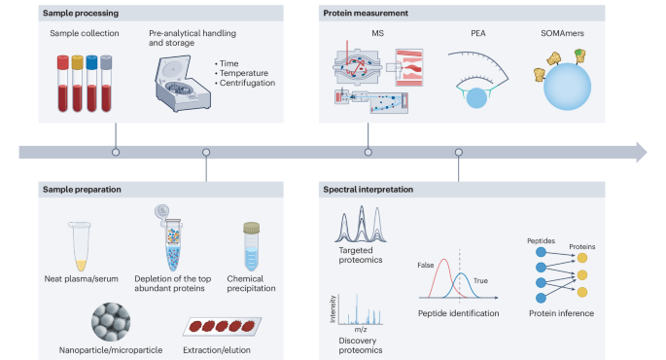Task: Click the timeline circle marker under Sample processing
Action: point(116,152)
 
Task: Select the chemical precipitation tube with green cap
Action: point(253,247)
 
